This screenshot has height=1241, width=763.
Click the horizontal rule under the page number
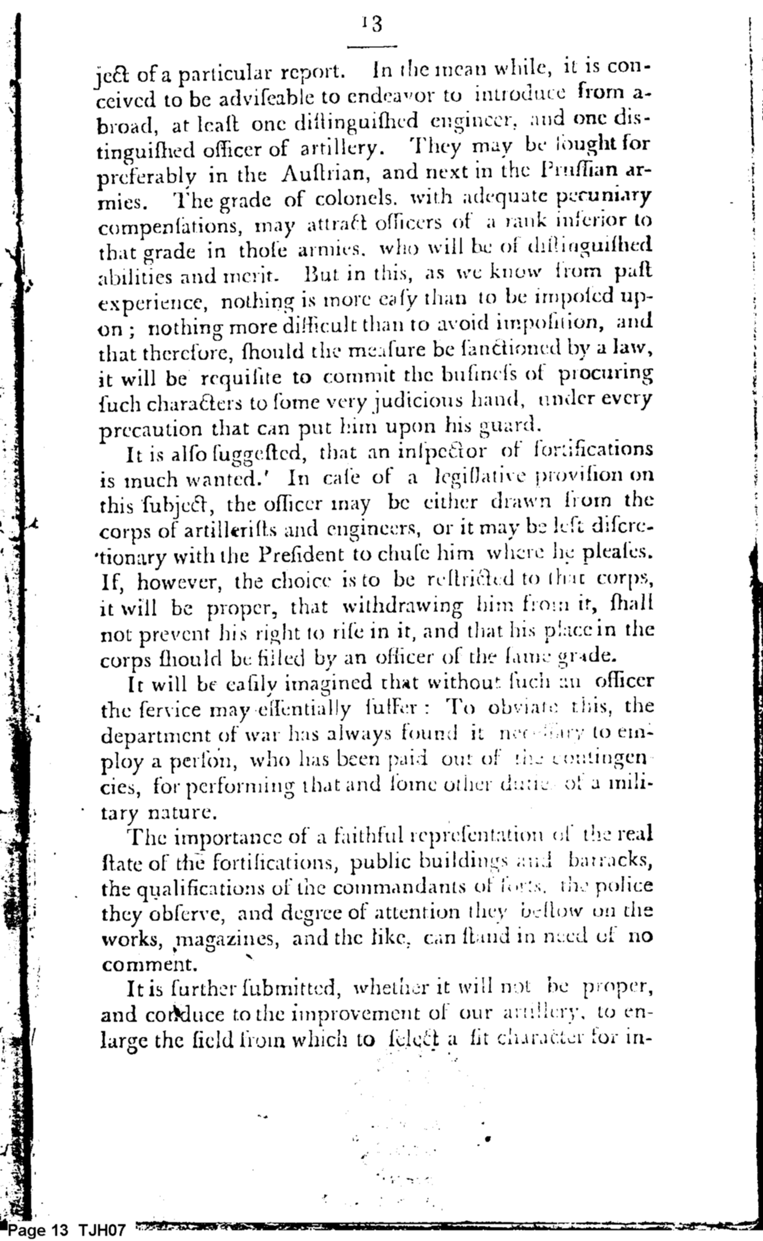click(x=372, y=47)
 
